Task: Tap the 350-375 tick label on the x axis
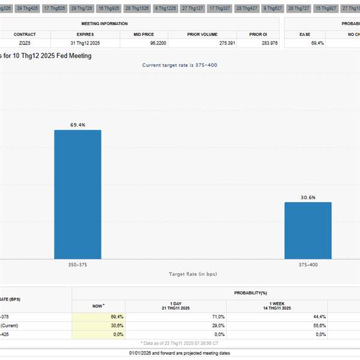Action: coord(78,264)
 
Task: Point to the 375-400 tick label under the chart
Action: coord(308,264)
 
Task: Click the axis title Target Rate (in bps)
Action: coord(193,274)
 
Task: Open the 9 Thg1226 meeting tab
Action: coord(164,9)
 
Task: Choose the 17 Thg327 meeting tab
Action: coord(219,9)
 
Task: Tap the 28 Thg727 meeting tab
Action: coord(298,9)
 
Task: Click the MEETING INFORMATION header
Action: coord(104,23)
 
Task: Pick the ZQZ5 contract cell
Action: coord(25,43)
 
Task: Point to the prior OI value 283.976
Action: coord(266,43)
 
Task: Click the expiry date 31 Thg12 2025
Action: coord(85,43)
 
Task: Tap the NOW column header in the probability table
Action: coord(98,305)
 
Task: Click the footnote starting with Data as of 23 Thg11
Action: coord(179,343)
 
